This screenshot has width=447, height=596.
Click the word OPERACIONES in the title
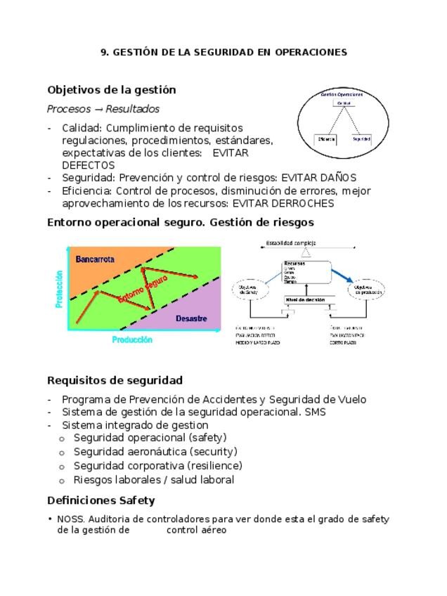[311, 52]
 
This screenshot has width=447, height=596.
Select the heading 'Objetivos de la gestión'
[111, 90]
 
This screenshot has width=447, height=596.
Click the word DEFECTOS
[88, 165]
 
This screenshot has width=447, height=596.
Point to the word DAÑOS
[338, 178]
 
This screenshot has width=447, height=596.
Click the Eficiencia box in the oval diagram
[327, 139]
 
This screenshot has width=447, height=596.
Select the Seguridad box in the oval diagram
[361, 139]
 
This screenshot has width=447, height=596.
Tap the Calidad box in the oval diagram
[344, 103]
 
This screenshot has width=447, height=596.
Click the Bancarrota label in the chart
[95, 259]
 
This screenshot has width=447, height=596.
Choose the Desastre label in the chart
[191, 318]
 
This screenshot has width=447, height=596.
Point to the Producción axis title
[132, 340]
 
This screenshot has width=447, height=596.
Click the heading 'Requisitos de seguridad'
[115, 380]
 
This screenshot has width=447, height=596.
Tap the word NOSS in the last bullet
[70, 519]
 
